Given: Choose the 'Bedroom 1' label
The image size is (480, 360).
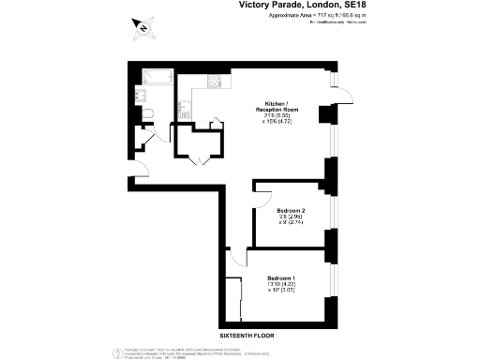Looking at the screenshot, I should click(x=282, y=278).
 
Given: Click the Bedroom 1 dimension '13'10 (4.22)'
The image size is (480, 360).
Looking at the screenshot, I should click(x=282, y=285).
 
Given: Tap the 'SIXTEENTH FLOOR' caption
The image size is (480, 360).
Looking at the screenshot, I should click(x=247, y=335).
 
